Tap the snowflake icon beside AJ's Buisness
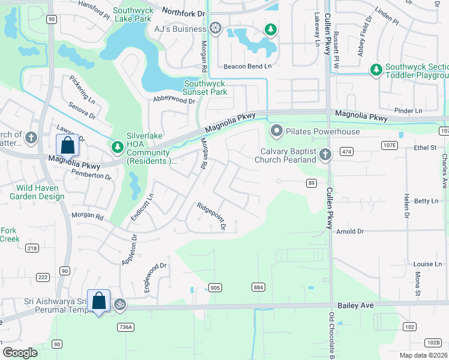click(215, 28)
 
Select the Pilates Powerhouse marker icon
click(276, 130)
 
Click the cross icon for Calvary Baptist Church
click(325, 155)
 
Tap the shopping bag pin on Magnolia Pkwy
click(67, 146)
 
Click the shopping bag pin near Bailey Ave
click(98, 301)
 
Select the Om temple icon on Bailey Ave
click(118, 305)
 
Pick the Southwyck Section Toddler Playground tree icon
click(376, 70)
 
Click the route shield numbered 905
click(215, 288)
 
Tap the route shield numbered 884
click(258, 287)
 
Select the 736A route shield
click(125, 327)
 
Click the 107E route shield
click(389, 146)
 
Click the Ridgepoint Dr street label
click(211, 216)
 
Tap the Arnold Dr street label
click(351, 231)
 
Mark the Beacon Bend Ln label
click(247, 67)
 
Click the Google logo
click(20, 353)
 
